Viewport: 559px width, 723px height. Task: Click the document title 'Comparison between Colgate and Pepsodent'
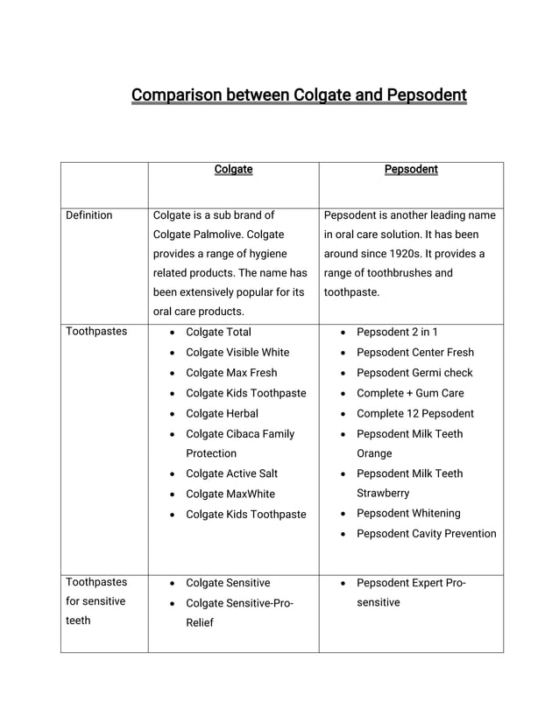pos(299,95)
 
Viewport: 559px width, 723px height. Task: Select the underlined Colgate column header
pos(233,169)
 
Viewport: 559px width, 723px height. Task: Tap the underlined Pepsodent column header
pos(411,169)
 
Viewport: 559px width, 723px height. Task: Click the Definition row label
pos(89,215)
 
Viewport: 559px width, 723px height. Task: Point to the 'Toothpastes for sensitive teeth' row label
pos(96,601)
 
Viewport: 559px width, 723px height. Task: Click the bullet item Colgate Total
pos(218,332)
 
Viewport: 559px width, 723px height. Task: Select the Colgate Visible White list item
pos(237,352)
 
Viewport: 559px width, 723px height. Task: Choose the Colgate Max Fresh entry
pos(231,373)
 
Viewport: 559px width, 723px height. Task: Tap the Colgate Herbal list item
pos(222,413)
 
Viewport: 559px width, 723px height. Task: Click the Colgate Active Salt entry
pos(231,474)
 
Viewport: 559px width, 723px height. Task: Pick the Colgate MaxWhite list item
pos(230,494)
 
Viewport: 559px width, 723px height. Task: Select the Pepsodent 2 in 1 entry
pos(397,332)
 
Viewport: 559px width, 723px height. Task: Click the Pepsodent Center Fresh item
pos(414,352)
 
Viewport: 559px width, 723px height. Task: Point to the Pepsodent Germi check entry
pos(414,373)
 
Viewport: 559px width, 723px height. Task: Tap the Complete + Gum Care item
pos(410,393)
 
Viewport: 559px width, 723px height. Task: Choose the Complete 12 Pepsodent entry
pos(414,413)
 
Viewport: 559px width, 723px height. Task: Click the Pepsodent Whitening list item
pos(408,513)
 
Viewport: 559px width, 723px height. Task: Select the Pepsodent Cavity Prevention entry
pos(426,533)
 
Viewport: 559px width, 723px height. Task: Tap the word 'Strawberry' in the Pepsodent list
pos(384,493)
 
